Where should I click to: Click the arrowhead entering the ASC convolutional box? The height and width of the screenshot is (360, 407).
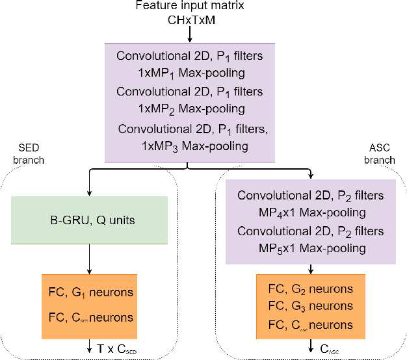click(311, 175)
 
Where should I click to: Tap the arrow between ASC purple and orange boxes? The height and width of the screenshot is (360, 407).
click(311, 269)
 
